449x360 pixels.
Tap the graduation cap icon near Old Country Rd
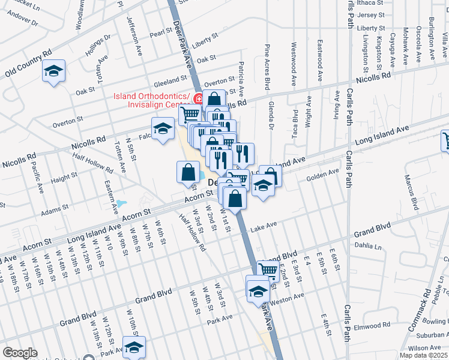coord(53,71)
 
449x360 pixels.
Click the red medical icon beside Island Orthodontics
coord(198,98)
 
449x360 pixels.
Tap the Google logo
coord(20,353)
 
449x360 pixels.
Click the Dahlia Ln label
coord(368,246)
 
